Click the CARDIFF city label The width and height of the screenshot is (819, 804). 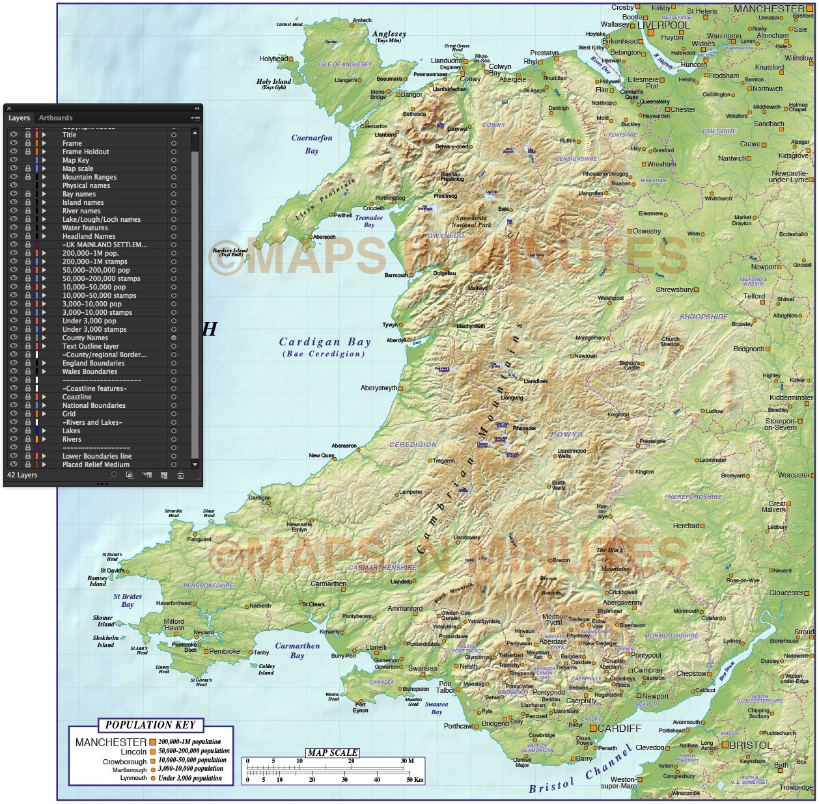click(x=619, y=728)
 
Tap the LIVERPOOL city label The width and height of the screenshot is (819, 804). click(x=663, y=25)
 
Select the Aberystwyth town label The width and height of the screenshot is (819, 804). click(x=379, y=388)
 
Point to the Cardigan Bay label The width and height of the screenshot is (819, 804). click(x=324, y=342)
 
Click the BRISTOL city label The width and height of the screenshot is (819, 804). click(x=750, y=745)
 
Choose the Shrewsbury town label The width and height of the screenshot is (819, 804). click(x=674, y=289)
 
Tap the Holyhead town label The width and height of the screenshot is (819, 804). click(x=273, y=59)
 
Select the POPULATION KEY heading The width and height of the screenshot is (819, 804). click(x=150, y=725)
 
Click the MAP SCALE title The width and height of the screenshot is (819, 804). click(x=332, y=753)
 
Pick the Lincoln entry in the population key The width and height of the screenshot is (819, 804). click(x=133, y=751)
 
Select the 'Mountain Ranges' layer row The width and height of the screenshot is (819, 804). click(x=89, y=177)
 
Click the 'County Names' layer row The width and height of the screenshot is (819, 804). click(x=85, y=338)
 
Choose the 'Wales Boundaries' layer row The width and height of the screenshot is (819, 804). click(x=90, y=371)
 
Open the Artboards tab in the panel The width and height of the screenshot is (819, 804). click(x=55, y=118)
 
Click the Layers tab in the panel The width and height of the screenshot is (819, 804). click(x=19, y=118)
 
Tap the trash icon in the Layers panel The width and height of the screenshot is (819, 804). click(x=180, y=476)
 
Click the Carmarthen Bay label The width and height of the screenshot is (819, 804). click(x=298, y=650)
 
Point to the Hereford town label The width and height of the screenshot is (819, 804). click(x=686, y=526)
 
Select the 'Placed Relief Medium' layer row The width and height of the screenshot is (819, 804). click(x=96, y=464)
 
